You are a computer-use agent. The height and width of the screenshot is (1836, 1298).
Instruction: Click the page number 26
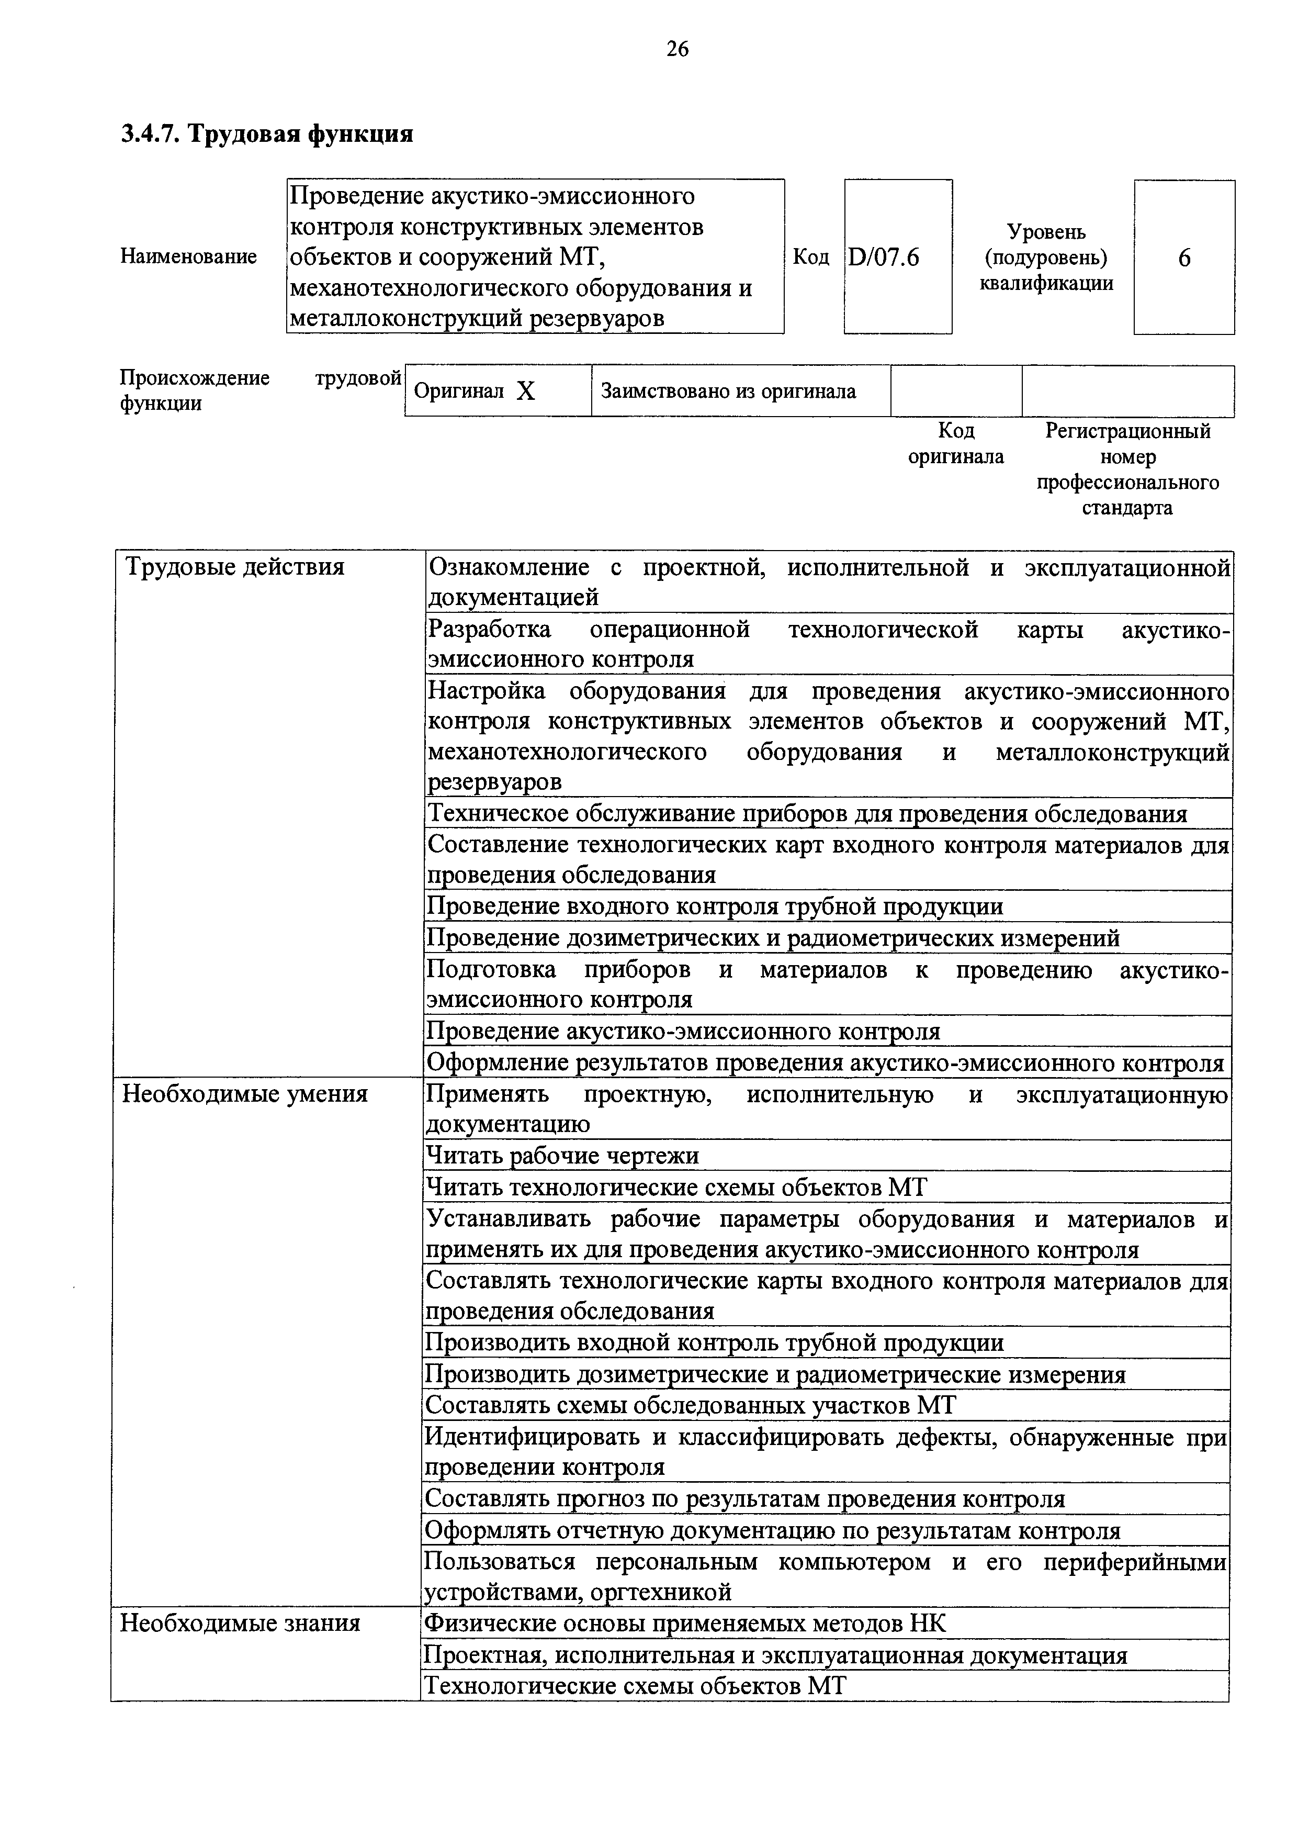(677, 50)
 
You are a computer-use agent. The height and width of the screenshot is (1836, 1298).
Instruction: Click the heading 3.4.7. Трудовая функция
(267, 133)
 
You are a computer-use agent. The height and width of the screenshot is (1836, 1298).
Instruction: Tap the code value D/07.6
(884, 258)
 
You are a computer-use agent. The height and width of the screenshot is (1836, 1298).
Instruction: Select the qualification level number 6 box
(1184, 258)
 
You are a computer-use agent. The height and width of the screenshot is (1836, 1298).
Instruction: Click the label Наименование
(189, 256)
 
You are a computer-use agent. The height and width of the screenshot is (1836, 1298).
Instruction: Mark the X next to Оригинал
(525, 391)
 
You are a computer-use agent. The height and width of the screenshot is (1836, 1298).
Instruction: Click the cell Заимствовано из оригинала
(728, 391)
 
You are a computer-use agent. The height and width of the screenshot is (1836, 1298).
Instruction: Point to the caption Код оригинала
(956, 444)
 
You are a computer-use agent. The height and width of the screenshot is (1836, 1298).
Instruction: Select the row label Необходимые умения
(244, 1094)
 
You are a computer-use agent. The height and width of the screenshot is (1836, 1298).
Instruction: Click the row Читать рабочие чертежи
(562, 1156)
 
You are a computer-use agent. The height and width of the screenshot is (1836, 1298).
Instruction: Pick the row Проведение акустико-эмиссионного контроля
(683, 1032)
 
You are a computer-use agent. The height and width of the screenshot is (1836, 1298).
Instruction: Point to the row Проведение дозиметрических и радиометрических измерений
(773, 937)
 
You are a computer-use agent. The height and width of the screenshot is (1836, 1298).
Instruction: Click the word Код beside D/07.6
(810, 258)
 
